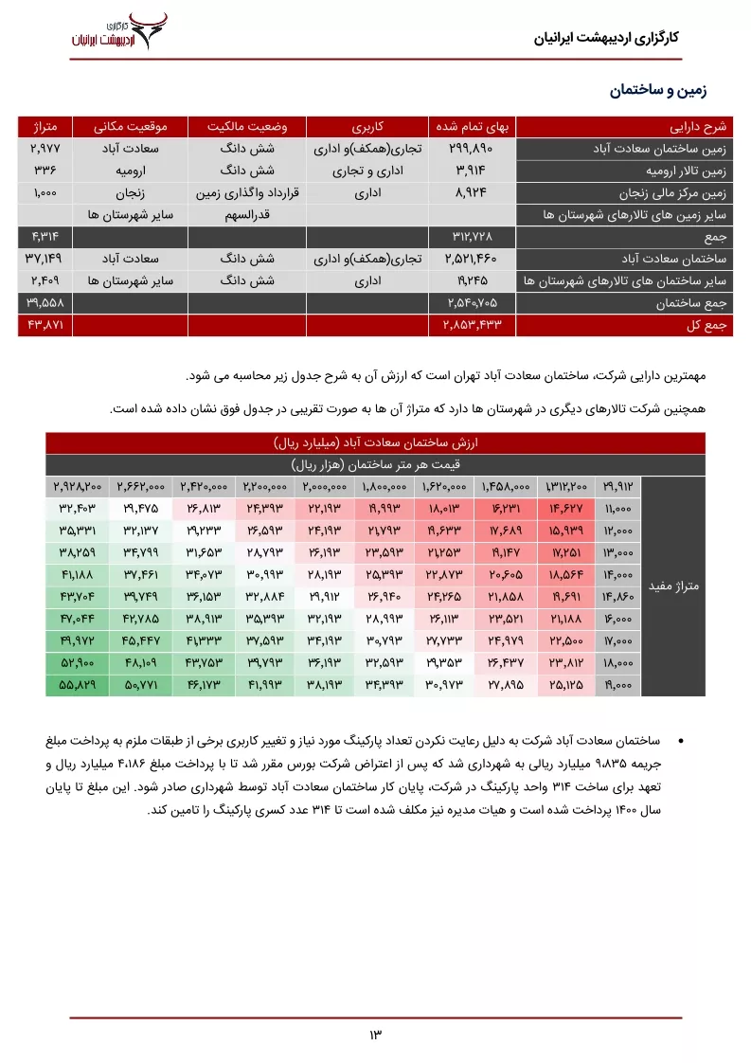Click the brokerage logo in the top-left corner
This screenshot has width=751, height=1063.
[x=119, y=31]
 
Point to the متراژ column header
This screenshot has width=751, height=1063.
[x=45, y=126]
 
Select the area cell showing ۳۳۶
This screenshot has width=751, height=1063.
[x=45, y=171]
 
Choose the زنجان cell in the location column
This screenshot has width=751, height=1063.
[x=130, y=192]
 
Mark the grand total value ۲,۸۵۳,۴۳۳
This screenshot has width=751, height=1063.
[x=471, y=324]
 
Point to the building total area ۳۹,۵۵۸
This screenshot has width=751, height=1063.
[x=45, y=302]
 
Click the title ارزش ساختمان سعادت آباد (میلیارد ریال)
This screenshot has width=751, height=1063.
[x=376, y=443]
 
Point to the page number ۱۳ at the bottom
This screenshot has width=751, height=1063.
[x=375, y=1034]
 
